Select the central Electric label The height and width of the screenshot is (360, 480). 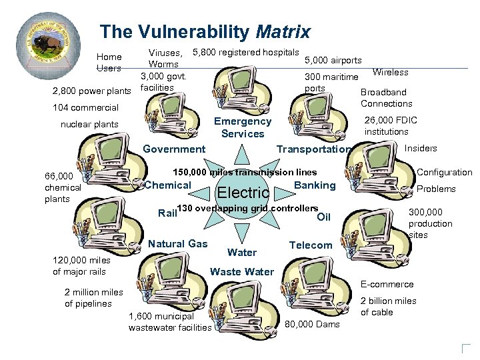pyautogui.click(x=243, y=193)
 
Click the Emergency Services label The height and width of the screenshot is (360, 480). pyautogui.click(x=243, y=127)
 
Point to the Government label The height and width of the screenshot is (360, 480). pyautogui.click(x=174, y=149)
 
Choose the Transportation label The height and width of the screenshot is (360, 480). pyautogui.click(x=313, y=149)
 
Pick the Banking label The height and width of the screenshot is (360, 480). pyautogui.click(x=315, y=185)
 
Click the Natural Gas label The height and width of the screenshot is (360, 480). pyautogui.click(x=178, y=244)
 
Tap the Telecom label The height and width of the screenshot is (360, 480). pyautogui.click(x=311, y=245)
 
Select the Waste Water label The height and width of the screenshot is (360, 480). pyautogui.click(x=241, y=271)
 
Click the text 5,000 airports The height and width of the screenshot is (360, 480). pyautogui.click(x=333, y=61)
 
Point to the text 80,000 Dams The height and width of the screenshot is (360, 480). pyautogui.click(x=312, y=325)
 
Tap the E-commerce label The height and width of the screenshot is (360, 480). pyautogui.click(x=387, y=284)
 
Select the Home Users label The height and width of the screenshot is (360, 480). pyautogui.click(x=109, y=62)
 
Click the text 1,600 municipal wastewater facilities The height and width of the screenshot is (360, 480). pyautogui.click(x=170, y=321)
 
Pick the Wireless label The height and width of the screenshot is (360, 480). pyautogui.click(x=390, y=72)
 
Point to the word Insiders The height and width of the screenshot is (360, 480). pyautogui.click(x=421, y=148)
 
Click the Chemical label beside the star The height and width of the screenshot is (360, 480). pyautogui.click(x=168, y=185)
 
